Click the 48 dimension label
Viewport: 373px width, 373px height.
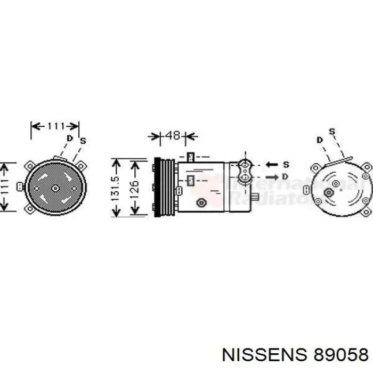coord(173,135)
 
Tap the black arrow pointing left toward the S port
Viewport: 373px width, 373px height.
coord(272,164)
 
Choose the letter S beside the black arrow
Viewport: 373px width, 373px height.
coord(286,164)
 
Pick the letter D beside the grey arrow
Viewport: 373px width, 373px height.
coord(286,176)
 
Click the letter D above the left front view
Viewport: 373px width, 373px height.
coord(69,138)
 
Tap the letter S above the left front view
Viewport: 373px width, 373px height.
coord(83,141)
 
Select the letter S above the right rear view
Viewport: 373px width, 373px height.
coord(332,131)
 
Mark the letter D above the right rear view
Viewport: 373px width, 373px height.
coord(319,140)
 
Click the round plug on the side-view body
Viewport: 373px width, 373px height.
coord(201,202)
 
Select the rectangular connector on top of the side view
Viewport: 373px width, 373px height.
coord(191,157)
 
